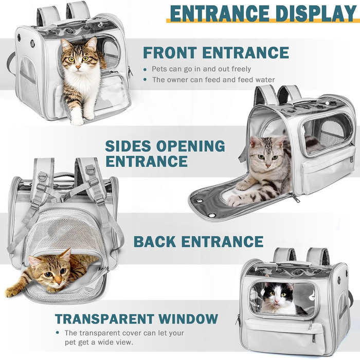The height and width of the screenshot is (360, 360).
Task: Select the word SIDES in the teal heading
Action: click(131, 146)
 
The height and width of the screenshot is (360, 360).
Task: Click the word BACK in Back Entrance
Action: click(155, 242)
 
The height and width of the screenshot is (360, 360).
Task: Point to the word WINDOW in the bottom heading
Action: click(188, 318)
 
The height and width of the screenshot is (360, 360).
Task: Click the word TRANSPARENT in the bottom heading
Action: click(104, 318)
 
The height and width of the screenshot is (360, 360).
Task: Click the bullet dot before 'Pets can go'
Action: click(145, 69)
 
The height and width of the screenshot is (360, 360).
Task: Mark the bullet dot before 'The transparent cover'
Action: click(58, 332)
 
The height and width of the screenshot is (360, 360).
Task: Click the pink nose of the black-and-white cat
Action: click(277, 301)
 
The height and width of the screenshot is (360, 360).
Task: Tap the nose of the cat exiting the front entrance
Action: click(78, 67)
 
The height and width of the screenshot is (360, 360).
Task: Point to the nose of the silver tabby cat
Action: click(268, 165)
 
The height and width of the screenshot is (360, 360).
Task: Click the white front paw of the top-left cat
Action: click(77, 121)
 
